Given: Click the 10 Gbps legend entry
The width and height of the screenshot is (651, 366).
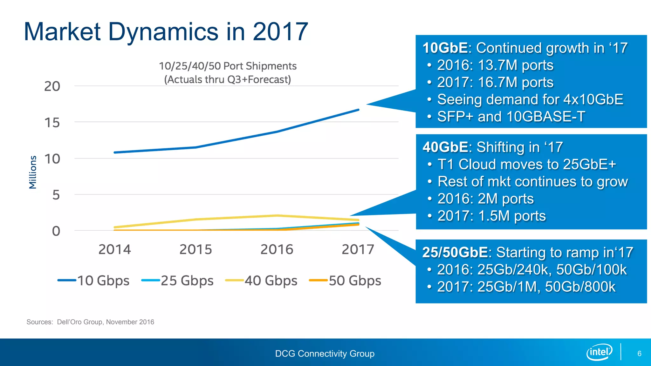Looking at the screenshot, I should click(94, 281).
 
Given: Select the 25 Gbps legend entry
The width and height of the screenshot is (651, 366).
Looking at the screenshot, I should click(178, 281).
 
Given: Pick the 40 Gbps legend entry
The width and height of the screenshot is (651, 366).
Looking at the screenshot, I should click(262, 281).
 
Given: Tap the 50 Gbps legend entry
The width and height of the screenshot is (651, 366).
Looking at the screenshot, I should click(346, 281).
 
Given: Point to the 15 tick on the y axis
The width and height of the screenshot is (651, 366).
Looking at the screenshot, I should click(52, 123).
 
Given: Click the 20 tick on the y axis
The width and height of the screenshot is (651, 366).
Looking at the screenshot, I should click(52, 86).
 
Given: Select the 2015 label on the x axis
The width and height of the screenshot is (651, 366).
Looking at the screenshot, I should click(195, 249).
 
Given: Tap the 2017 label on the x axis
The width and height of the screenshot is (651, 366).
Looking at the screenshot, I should click(358, 249).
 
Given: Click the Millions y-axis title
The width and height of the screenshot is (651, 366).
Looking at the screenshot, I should click(33, 172).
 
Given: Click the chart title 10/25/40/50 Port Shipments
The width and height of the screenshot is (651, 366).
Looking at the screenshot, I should click(228, 66).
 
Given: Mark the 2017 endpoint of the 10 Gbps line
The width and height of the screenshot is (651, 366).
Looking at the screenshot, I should click(358, 110).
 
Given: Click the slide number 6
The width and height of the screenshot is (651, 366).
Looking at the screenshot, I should click(639, 354).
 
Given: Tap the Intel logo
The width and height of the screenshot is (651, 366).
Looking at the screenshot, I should click(599, 352).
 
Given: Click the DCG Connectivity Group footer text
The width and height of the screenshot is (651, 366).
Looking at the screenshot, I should click(325, 354).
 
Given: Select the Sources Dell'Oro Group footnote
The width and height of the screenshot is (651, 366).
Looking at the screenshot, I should click(90, 322).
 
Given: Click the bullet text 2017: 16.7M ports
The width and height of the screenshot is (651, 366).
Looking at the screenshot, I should click(495, 82).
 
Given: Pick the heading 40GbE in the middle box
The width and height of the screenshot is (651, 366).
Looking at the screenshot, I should click(445, 147).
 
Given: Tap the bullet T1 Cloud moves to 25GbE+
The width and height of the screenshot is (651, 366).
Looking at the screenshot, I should click(526, 165).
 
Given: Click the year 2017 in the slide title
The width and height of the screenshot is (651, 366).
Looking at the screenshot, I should click(280, 32).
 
